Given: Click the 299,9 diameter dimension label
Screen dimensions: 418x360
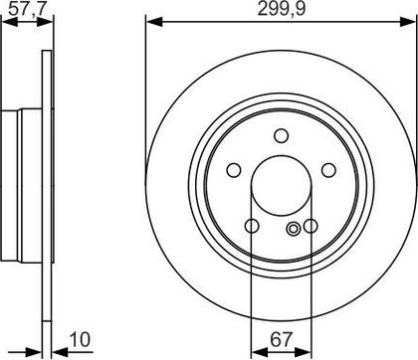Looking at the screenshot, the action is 281,9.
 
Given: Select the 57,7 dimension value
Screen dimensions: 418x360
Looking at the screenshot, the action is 27,9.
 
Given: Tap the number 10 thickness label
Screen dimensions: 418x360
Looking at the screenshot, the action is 80,340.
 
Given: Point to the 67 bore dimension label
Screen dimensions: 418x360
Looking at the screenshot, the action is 282,339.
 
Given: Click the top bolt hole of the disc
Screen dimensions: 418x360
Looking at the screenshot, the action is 282,135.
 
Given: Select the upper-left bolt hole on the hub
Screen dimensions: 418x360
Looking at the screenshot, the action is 234,170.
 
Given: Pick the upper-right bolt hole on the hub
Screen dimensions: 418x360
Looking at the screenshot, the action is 328,170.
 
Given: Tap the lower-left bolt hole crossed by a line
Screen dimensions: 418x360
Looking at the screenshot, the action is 252,226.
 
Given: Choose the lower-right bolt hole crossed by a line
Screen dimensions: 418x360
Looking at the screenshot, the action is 311,226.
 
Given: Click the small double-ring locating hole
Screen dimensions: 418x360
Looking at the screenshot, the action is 294,229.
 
